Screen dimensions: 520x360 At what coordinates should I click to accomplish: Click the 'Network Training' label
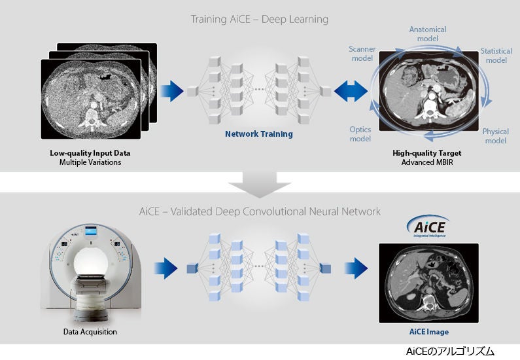(x=258, y=134)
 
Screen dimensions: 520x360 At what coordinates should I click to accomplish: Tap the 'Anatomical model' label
(x=428, y=34)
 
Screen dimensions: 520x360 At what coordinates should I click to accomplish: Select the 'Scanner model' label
(x=362, y=54)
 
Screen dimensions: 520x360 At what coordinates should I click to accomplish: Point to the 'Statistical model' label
(x=496, y=56)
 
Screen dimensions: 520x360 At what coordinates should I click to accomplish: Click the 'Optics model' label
(x=360, y=134)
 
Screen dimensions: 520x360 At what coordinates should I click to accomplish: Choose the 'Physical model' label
(x=495, y=136)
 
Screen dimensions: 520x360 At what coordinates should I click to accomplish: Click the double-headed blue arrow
(x=351, y=91)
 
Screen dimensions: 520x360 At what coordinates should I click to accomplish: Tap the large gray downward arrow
(x=260, y=184)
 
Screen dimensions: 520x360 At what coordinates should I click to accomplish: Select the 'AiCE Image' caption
(x=429, y=332)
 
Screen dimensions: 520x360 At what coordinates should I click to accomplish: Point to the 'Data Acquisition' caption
(x=90, y=332)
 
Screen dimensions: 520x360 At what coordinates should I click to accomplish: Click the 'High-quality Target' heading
(x=427, y=153)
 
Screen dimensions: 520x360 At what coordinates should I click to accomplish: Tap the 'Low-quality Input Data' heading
(x=90, y=153)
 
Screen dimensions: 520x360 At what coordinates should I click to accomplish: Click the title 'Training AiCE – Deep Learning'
(x=259, y=19)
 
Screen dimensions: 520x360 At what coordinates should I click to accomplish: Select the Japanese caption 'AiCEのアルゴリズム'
(x=450, y=351)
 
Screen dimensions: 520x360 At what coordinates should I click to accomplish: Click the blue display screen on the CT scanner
(x=91, y=230)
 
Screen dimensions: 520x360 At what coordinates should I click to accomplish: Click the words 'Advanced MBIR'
(x=427, y=162)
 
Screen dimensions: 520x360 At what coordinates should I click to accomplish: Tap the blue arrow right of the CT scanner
(x=166, y=268)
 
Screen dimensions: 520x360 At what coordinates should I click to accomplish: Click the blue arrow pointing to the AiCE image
(x=356, y=268)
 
